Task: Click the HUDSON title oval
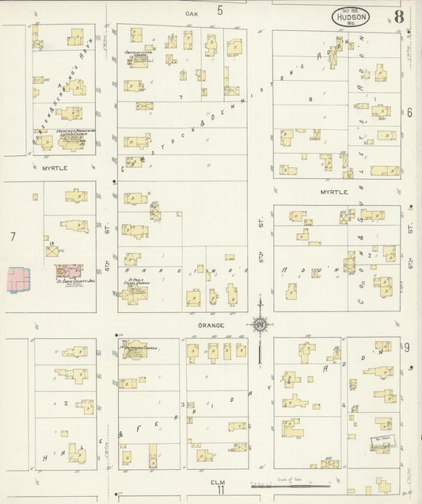[x=350, y=17]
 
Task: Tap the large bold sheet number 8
[x=399, y=17]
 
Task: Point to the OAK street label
[x=191, y=13]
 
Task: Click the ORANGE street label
[x=211, y=325]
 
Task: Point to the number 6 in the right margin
[x=409, y=113]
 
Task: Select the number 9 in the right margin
[x=406, y=347]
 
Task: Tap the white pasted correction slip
[x=380, y=447]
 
